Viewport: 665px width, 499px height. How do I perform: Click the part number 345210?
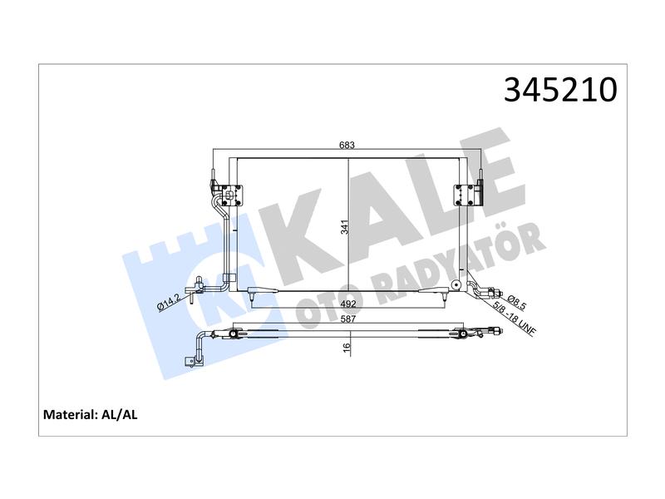[560, 90]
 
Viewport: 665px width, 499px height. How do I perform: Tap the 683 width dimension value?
[347, 145]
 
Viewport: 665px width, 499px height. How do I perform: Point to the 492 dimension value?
[347, 304]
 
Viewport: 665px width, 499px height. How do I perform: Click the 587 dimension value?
[347, 319]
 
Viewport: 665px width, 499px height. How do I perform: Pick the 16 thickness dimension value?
[347, 346]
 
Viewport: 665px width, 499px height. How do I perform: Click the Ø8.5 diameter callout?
[517, 300]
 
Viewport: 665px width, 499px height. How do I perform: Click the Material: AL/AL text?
[91, 414]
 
